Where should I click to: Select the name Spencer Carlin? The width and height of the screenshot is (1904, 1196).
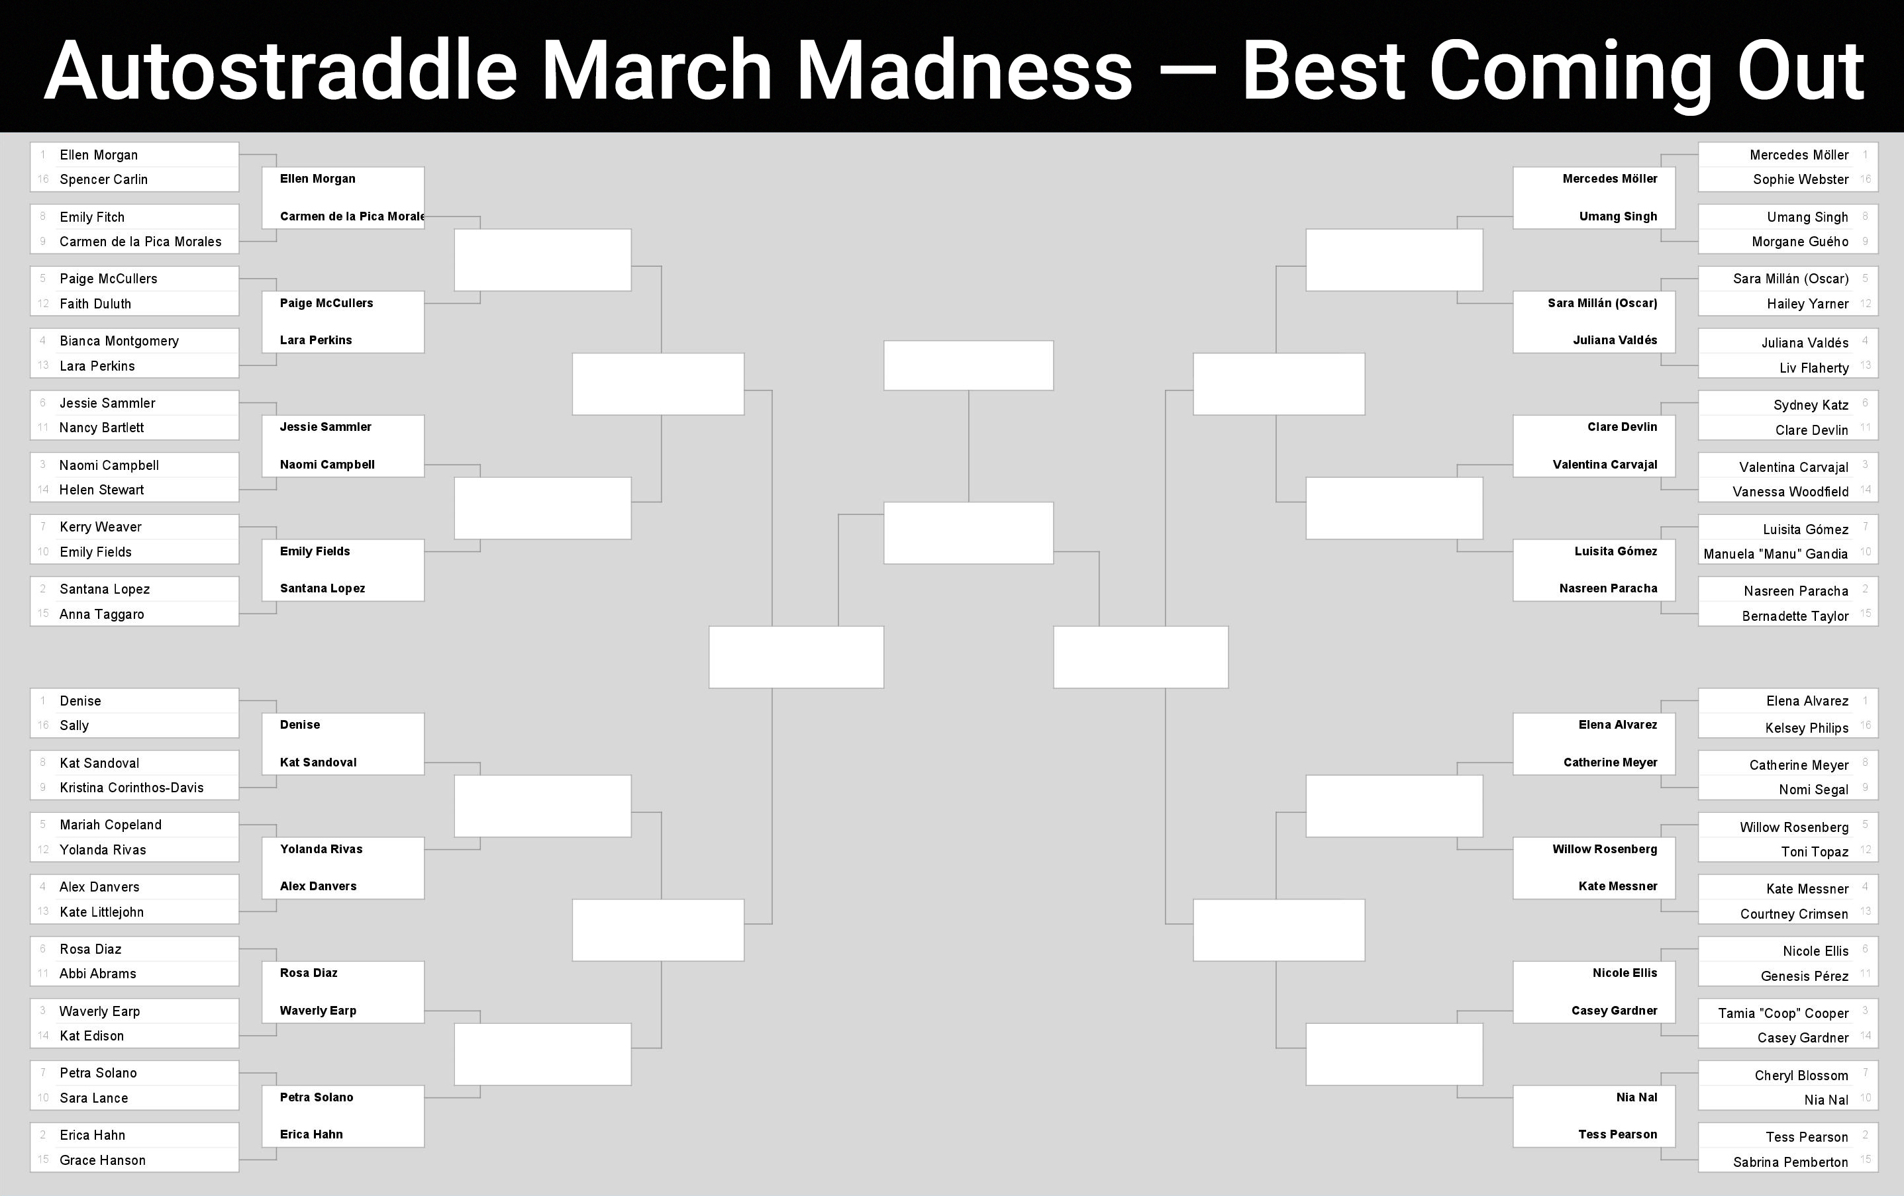pos(103,179)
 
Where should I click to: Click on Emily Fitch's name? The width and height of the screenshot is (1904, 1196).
pos(91,216)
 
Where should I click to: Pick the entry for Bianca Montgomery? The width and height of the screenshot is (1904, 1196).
pos(119,341)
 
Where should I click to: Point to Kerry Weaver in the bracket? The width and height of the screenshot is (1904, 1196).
pos(101,526)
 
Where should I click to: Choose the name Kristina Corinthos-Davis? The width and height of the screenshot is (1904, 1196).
pos(131,788)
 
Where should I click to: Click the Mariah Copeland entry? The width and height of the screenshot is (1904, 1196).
pos(111,825)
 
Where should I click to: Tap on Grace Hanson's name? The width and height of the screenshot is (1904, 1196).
pos(103,1160)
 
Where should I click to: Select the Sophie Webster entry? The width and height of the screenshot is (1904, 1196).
pos(1801,179)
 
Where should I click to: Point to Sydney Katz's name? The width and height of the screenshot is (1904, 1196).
pos(1811,404)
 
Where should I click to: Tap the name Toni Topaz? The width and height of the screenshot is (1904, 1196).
pos(1815,851)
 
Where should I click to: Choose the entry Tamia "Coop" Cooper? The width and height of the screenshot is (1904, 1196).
pos(1783,1013)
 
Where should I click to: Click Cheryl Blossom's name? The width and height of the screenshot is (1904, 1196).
pos(1801,1075)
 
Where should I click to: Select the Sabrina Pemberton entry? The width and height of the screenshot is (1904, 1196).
pos(1791,1162)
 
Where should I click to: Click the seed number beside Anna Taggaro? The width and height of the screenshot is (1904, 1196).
pos(42,614)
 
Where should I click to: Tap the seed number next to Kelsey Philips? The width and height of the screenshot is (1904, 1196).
pos(1865,725)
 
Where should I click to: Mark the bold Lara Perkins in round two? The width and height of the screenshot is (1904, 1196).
pos(315,340)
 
